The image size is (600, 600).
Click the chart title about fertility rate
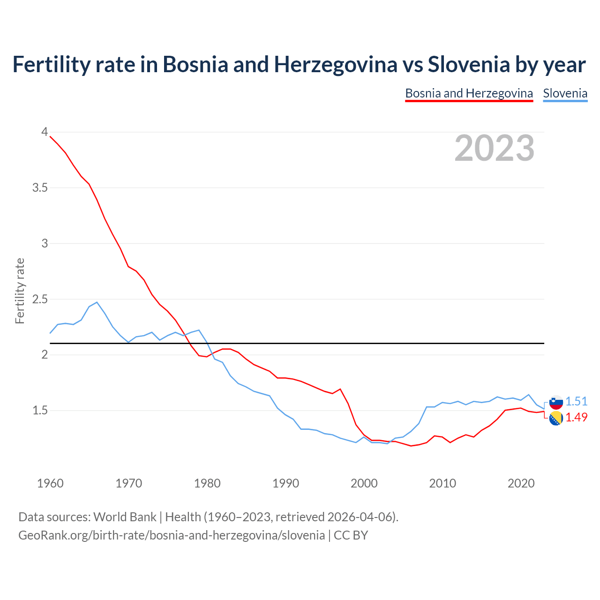coord(299,65)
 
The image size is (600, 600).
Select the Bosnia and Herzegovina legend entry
coord(469,93)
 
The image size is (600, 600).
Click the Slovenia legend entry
coord(565,93)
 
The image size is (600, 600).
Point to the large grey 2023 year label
coord(495,148)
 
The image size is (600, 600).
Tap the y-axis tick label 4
coord(45,132)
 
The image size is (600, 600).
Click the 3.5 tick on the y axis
coord(40,188)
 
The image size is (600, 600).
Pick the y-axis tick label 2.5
coord(40,299)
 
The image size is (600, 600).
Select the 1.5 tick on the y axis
coord(40,411)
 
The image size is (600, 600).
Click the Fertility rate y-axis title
coord(20,291)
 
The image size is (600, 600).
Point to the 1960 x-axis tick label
coord(50,483)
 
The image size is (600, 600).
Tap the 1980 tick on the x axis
coord(207,483)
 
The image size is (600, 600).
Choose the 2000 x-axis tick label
coord(364,483)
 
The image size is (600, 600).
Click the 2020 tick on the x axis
coord(521,483)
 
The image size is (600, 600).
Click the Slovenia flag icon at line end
coord(556,402)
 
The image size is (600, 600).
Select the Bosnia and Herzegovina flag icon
coord(556,418)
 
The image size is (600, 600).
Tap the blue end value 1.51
coord(576,402)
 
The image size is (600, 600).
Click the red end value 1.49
coord(576,418)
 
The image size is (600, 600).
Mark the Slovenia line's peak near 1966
coord(97,302)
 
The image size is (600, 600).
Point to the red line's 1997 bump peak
coord(340,389)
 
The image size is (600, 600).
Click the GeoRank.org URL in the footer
coord(172,535)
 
